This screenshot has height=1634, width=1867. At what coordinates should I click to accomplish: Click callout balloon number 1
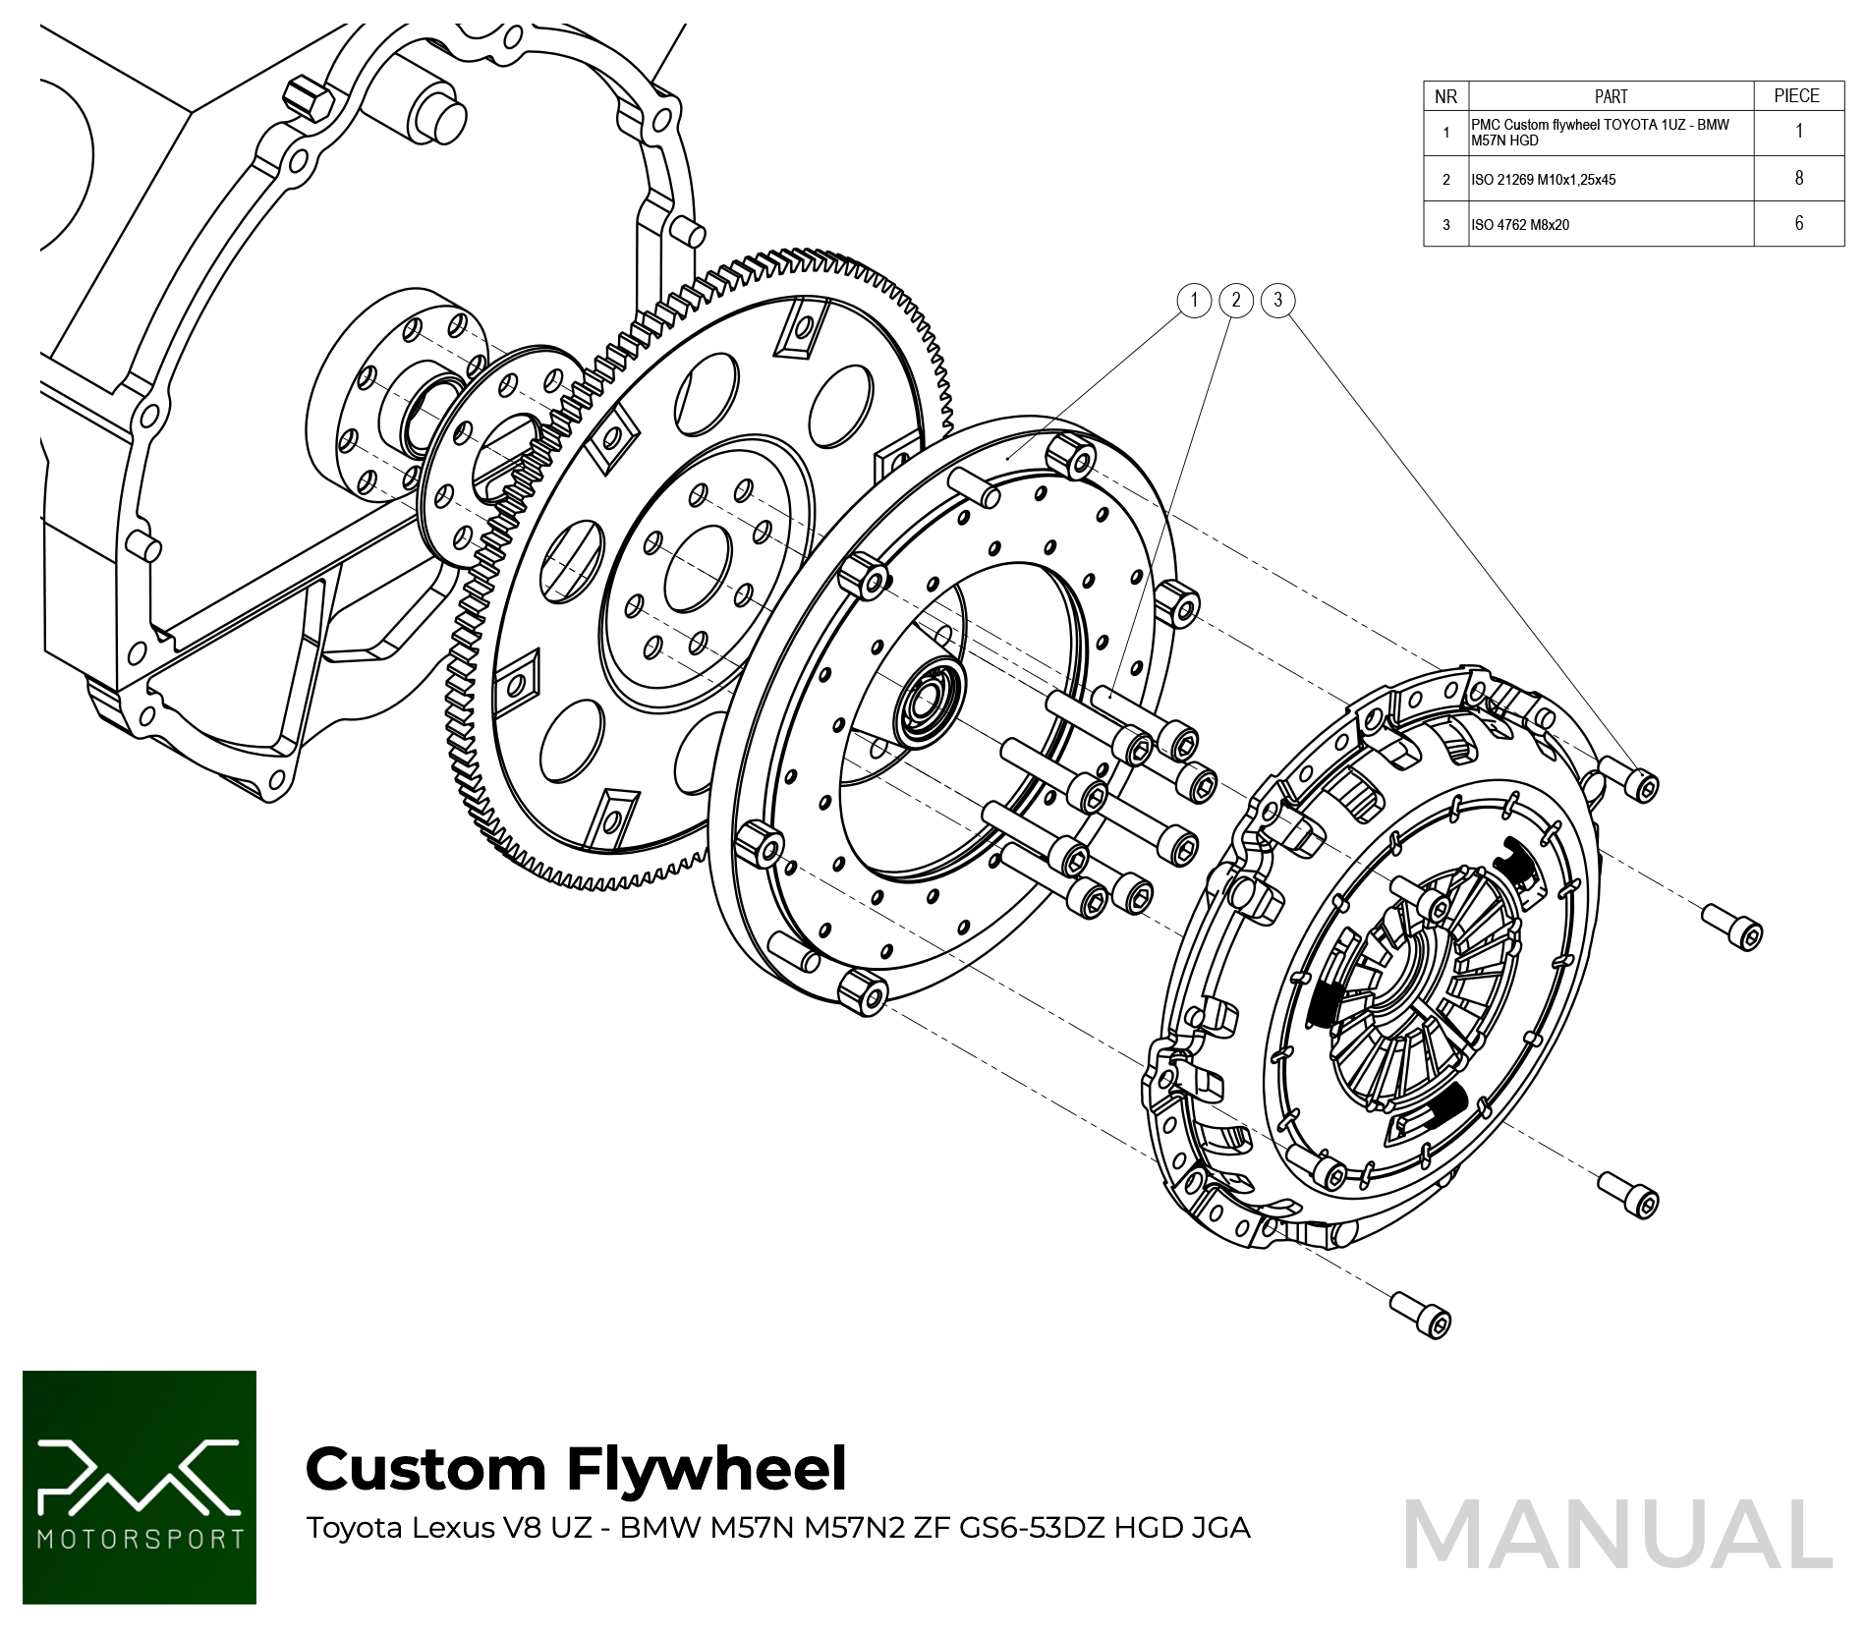(1194, 300)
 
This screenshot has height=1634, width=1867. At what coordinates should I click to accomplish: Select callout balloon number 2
(1236, 300)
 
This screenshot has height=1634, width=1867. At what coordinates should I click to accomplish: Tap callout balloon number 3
(1277, 300)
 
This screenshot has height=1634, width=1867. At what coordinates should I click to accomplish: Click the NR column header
(1445, 96)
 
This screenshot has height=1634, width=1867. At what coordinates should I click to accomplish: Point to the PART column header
(1611, 96)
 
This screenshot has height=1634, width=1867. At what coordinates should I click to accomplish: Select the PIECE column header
(1797, 96)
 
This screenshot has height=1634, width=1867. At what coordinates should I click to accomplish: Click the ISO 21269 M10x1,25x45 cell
(1544, 180)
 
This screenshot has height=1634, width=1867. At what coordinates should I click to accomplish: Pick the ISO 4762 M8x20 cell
(1520, 225)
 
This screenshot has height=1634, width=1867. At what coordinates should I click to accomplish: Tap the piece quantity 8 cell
(1799, 179)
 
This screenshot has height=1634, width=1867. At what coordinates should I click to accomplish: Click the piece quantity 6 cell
(1799, 224)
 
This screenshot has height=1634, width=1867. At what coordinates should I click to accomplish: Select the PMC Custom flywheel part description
(1600, 133)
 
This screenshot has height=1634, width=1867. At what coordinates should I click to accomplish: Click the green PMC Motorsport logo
(140, 1488)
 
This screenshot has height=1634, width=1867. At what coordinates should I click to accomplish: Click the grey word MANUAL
(1617, 1535)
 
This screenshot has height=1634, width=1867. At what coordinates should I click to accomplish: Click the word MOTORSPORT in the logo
(140, 1538)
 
